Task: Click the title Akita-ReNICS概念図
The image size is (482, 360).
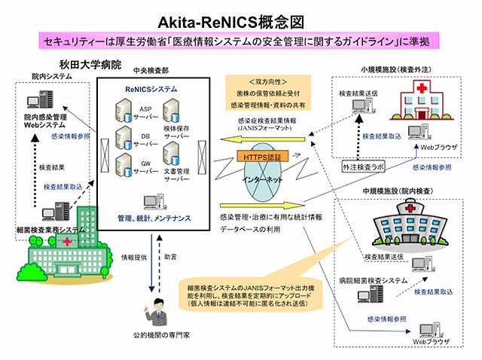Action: tap(240, 17)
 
